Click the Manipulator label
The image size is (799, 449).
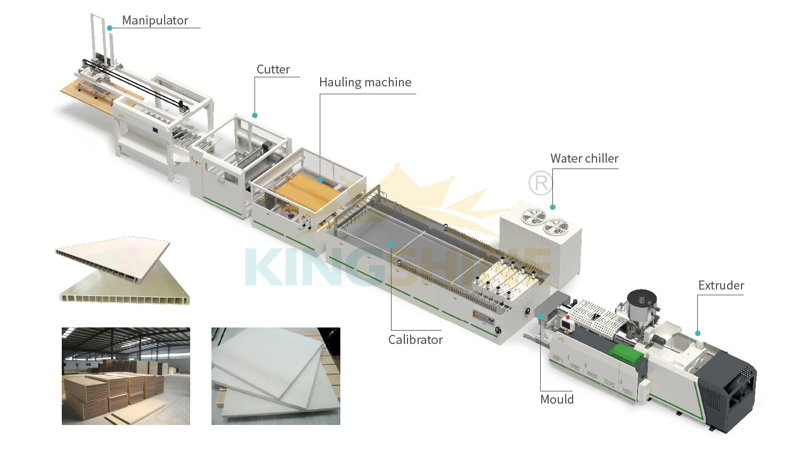(x=155, y=20)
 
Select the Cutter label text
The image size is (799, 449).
(x=273, y=69)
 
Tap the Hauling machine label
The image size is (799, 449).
(x=365, y=82)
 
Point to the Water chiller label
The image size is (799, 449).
(x=584, y=158)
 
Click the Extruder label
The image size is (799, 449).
(x=721, y=285)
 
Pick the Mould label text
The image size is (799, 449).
(x=557, y=399)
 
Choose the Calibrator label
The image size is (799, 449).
(x=415, y=340)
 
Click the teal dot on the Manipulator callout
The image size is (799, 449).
(x=110, y=28)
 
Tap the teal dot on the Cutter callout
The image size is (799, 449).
(x=255, y=115)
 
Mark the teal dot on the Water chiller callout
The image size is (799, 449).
(x=553, y=207)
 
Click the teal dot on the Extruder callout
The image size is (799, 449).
(x=698, y=333)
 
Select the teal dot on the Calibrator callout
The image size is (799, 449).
(x=392, y=244)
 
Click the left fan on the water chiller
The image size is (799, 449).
(x=534, y=217)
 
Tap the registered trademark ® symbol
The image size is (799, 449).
(x=540, y=183)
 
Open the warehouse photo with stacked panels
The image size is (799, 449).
(x=126, y=376)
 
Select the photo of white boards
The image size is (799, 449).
(x=275, y=376)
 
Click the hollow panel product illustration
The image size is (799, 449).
(x=123, y=270)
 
